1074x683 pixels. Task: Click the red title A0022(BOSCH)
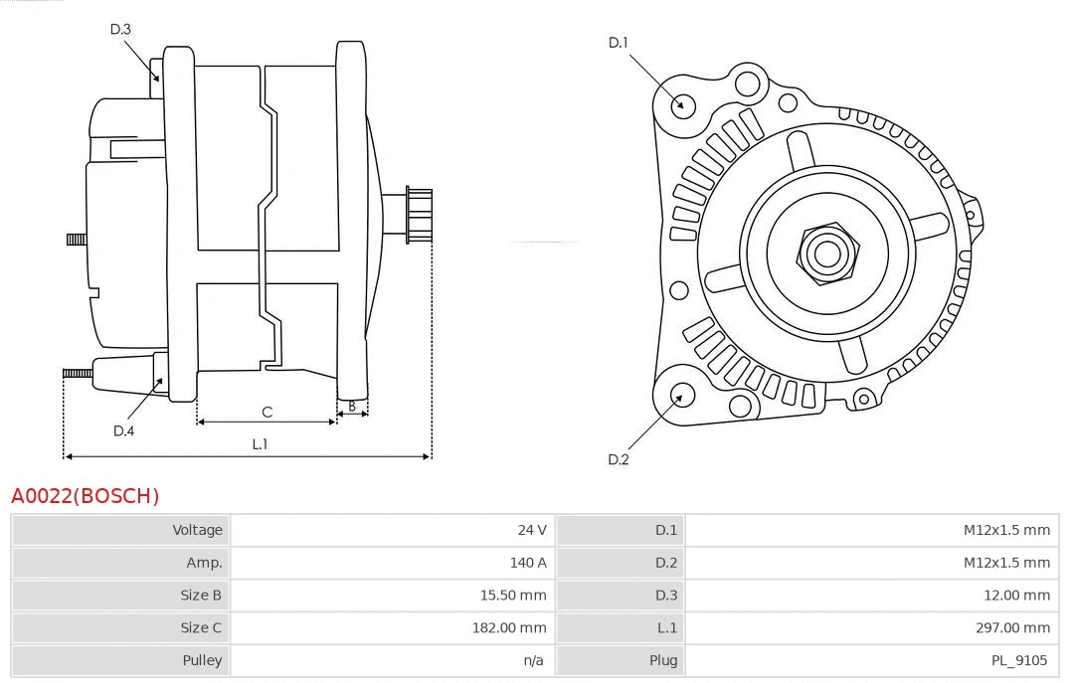pos(85,495)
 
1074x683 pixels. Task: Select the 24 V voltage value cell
pos(532,530)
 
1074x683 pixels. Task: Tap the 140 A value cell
pos(528,563)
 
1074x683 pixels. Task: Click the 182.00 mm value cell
pos(508,627)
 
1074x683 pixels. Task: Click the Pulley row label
pos(202,660)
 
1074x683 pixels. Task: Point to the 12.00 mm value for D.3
pos(1017,596)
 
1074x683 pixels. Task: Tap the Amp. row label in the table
pos(204,563)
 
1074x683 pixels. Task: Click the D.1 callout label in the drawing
pos(619,43)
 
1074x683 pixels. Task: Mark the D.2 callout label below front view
pos(619,459)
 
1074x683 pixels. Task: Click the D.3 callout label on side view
pos(120,29)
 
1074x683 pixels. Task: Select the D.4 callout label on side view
pos(123,430)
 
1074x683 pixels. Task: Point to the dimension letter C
pos(267,412)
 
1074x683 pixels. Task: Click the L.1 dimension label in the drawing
pos(260,444)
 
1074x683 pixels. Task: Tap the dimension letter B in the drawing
pos(351,406)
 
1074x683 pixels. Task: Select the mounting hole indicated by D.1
pos(682,104)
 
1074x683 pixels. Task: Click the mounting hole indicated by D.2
pos(681,396)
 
